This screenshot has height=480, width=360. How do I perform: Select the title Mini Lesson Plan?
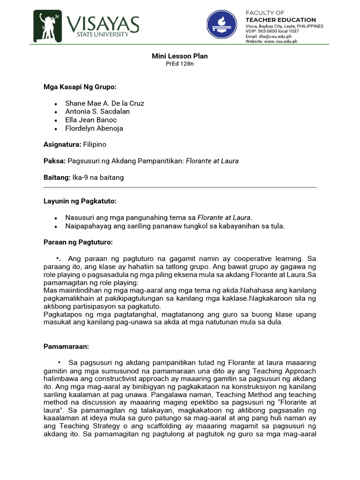[180, 56]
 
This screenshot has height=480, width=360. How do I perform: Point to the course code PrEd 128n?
[180, 64]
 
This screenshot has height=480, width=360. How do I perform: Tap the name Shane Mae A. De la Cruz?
[105, 103]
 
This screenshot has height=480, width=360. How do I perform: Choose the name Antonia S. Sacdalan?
[97, 112]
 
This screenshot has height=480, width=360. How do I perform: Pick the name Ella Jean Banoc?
[91, 120]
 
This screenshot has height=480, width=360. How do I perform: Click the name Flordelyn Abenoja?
[94, 128]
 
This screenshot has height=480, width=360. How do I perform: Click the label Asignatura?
[62, 145]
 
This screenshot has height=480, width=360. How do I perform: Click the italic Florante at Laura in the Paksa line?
[212, 161]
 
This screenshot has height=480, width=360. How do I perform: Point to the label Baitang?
[57, 178]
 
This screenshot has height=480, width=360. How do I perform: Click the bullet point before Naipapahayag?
[56, 226]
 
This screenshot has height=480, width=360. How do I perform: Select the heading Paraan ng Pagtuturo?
[78, 242]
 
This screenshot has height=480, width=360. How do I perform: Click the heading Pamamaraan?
[66, 347]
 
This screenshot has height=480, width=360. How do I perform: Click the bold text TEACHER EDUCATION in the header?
[281, 20]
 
